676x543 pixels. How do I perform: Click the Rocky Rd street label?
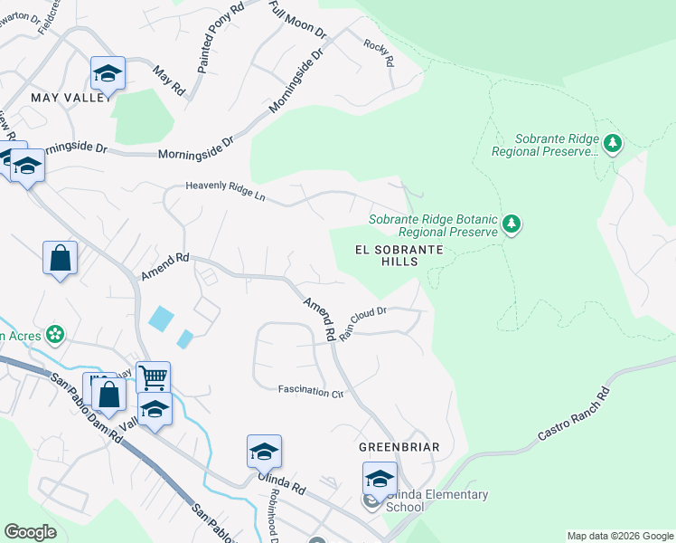[x=380, y=53]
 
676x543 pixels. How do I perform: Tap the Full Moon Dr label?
[x=297, y=19]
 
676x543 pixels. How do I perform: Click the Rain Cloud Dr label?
[x=363, y=322]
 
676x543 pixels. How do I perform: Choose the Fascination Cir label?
[x=312, y=392]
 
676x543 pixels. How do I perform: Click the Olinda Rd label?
[x=283, y=482]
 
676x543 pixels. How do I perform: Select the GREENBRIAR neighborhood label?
[x=399, y=447]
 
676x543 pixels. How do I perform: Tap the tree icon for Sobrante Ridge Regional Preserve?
[x=614, y=144]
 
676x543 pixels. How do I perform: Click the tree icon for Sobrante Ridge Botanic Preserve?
[x=512, y=224]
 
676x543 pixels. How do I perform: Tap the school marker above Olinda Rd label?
[x=264, y=451]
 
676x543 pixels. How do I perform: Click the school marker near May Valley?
[x=108, y=72]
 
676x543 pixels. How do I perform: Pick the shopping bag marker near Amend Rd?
[x=60, y=257]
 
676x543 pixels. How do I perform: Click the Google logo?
[x=30, y=532]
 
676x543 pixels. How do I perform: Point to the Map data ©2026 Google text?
[x=619, y=536]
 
